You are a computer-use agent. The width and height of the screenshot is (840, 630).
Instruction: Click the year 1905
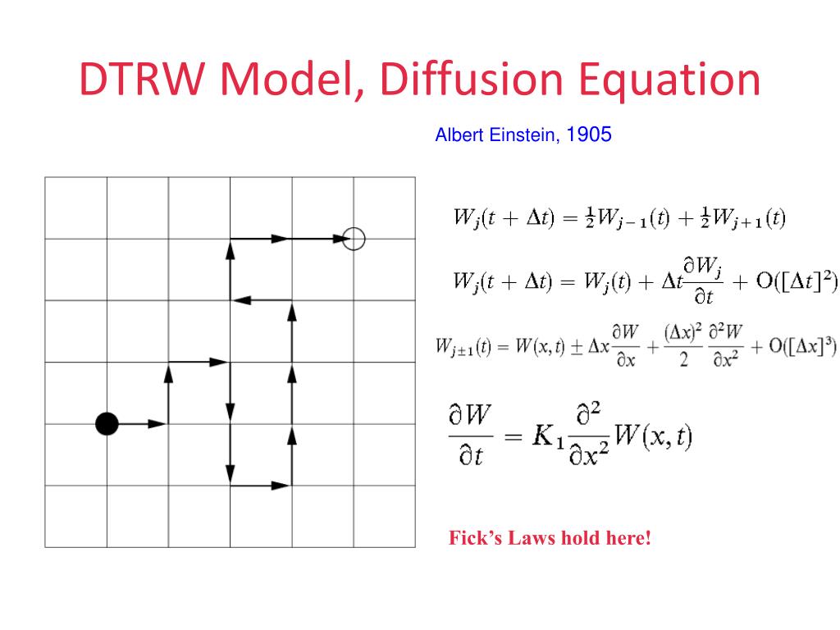click(589, 135)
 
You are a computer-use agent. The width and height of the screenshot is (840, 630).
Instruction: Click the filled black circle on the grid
click(107, 423)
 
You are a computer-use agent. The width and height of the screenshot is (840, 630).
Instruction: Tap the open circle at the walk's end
click(354, 239)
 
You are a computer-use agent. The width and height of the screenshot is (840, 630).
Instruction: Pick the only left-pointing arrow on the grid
click(260, 300)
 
